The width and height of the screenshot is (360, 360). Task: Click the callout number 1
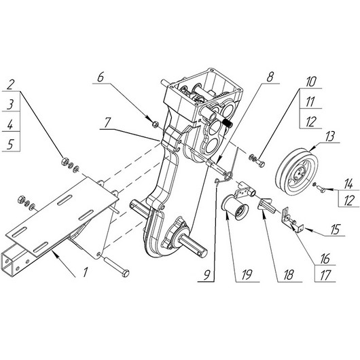click(x=86, y=272)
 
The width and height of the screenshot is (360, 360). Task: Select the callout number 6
click(x=101, y=77)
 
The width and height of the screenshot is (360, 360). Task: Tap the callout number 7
click(x=107, y=123)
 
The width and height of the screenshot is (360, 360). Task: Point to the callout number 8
click(x=270, y=77)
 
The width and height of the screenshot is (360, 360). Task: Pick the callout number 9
click(x=207, y=274)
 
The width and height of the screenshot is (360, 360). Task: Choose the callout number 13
click(x=329, y=136)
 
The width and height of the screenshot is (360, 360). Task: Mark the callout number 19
click(x=247, y=275)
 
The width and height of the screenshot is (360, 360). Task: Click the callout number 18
click(x=289, y=275)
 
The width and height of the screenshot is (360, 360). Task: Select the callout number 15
click(x=336, y=229)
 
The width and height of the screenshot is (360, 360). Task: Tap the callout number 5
click(x=10, y=145)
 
